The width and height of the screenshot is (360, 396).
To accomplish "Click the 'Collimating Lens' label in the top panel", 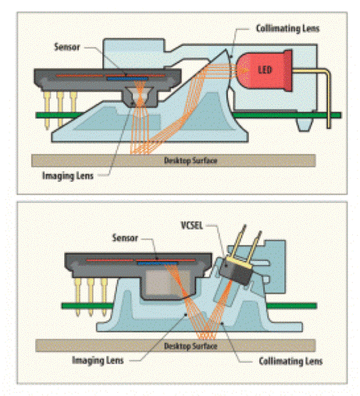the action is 287,28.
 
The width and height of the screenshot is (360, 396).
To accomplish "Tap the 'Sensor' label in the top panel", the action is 67,47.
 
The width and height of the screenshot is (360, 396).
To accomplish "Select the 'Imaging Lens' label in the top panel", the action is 68,176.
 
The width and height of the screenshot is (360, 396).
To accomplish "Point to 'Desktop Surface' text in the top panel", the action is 191,160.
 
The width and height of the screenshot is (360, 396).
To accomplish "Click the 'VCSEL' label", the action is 191,225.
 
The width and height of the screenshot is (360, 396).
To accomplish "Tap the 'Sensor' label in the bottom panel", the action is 125,237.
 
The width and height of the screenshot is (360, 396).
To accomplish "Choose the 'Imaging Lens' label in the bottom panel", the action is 98,360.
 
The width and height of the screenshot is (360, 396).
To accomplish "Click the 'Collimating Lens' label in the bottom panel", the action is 290,361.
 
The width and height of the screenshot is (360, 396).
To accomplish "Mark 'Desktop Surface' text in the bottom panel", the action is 191,346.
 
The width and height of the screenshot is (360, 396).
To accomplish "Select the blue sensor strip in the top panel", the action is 127,78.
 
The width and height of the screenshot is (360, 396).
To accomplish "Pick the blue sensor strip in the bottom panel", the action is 158,263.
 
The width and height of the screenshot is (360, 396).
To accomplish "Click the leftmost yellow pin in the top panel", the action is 47,110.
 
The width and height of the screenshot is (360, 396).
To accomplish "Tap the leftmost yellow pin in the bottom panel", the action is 77,297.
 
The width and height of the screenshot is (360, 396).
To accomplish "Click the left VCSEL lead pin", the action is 237,241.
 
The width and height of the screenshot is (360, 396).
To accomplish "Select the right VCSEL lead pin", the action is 255,246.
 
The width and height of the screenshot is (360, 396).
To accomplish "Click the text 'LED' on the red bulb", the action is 265,70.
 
